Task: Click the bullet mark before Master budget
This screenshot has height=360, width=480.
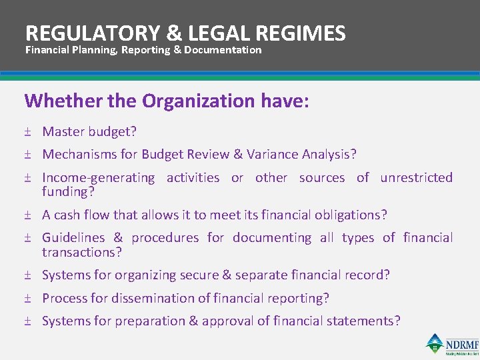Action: [28, 132]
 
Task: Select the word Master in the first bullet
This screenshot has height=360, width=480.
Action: [63, 132]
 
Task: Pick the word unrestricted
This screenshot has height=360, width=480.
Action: [416, 177]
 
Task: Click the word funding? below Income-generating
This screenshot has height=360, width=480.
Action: [68, 192]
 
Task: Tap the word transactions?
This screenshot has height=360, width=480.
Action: [82, 252]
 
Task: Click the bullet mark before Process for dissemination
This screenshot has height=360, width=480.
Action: [28, 298]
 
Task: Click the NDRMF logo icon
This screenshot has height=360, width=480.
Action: [435, 343]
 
